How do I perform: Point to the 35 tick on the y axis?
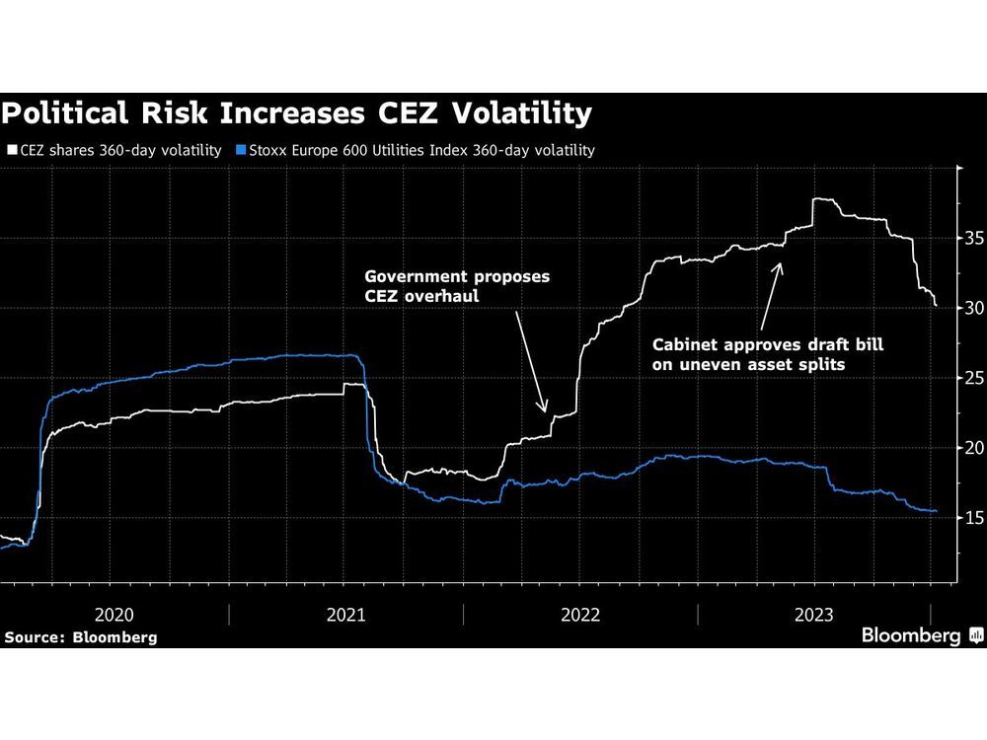click(x=972, y=239)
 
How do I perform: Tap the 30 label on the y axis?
click(x=972, y=309)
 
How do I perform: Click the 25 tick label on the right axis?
click(x=972, y=379)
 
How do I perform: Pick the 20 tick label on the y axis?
click(x=972, y=448)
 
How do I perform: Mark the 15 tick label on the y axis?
click(x=972, y=518)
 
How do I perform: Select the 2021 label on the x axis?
click(x=346, y=615)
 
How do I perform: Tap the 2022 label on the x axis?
click(x=580, y=615)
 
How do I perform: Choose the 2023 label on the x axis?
click(x=815, y=615)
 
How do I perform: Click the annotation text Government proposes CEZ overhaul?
click(x=457, y=286)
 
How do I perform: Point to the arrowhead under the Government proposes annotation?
click(x=544, y=409)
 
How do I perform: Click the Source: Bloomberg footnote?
click(x=80, y=637)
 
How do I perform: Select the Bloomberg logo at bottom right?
click(x=922, y=635)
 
